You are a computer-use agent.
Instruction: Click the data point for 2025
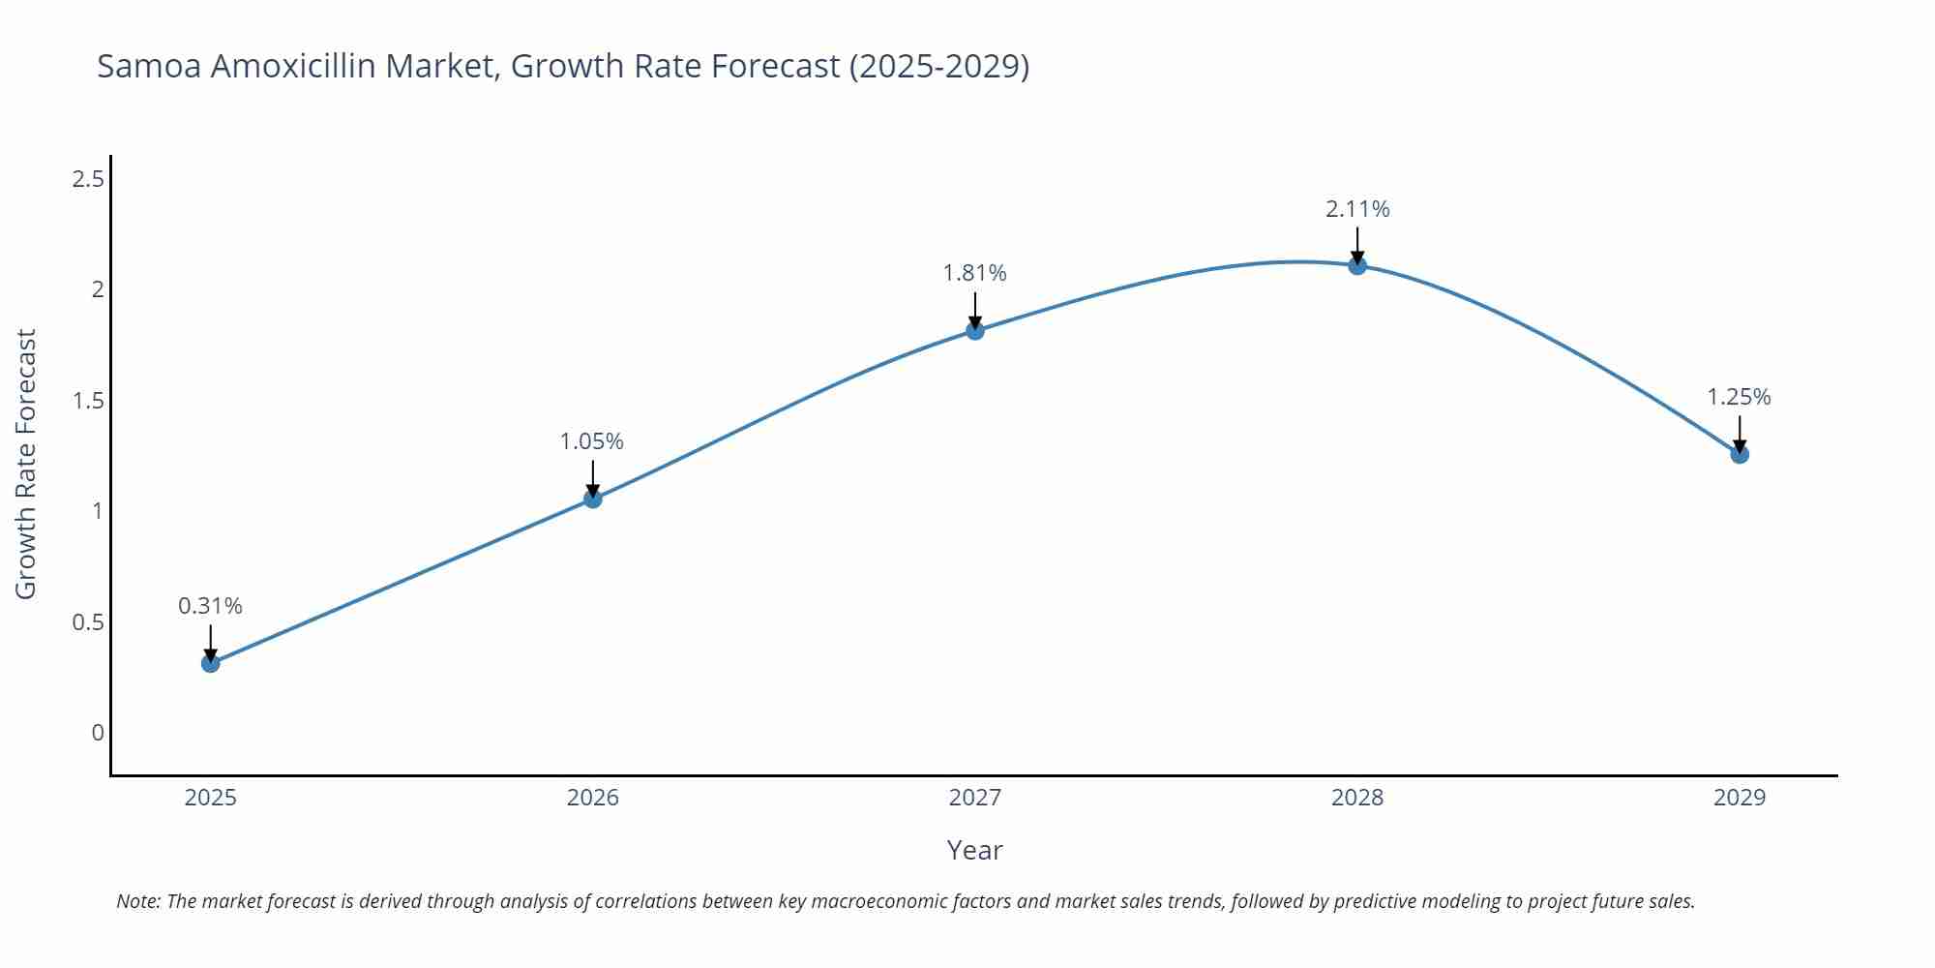[x=210, y=663]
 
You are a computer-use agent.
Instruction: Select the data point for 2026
[x=592, y=499]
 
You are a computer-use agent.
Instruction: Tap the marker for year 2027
[x=974, y=331]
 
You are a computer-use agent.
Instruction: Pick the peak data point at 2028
[x=1356, y=265]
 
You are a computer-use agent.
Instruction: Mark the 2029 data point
[x=1739, y=454]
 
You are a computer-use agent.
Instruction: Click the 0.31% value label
[x=210, y=606]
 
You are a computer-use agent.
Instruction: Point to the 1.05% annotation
[x=592, y=441]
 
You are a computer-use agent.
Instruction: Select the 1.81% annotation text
[x=974, y=274]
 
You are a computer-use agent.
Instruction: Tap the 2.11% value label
[x=1356, y=209]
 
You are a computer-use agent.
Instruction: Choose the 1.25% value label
[x=1739, y=397]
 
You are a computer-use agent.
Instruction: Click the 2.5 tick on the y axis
[x=88, y=179]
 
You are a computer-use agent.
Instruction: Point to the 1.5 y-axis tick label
[x=88, y=401]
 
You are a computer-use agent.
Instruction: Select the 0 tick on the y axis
[x=97, y=733]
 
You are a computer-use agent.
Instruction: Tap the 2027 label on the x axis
[x=974, y=798]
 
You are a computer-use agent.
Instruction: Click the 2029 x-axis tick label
[x=1739, y=798]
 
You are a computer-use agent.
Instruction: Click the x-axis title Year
[x=974, y=850]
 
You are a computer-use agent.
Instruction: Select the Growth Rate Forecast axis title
[x=26, y=464]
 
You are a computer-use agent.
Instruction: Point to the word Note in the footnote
[x=137, y=901]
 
